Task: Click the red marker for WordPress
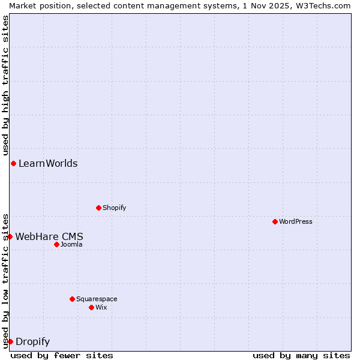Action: [275, 221]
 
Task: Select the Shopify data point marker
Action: [98, 208]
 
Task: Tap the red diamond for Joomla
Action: [56, 244]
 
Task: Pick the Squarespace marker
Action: [72, 299]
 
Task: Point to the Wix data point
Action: [91, 307]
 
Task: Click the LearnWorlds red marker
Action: [13, 163]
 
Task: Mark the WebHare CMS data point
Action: [10, 236]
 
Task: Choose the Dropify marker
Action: [10, 341]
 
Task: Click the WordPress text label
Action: [296, 221]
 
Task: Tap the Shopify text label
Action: [115, 208]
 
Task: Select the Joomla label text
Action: [71, 244]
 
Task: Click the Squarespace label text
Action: [97, 299]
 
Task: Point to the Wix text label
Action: [101, 307]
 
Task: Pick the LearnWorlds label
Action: [48, 163]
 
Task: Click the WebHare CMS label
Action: [49, 236]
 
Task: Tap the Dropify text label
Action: [32, 342]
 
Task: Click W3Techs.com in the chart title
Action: [326, 5]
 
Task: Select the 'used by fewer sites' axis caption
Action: [62, 355]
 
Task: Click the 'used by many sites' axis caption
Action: [301, 355]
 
